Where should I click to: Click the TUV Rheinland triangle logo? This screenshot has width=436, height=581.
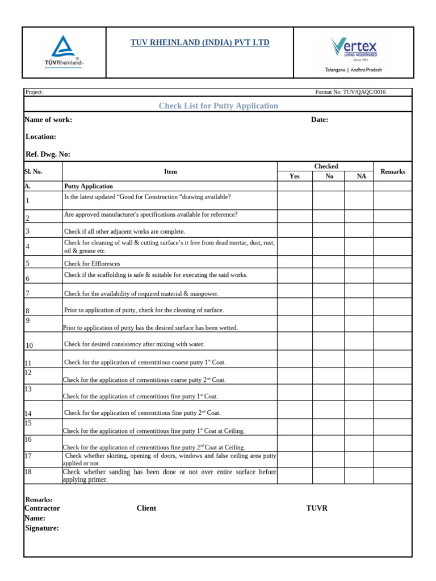[64, 52]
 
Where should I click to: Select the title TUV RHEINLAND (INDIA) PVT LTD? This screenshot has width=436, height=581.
[200, 43]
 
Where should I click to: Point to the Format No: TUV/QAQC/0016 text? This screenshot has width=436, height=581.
[350, 92]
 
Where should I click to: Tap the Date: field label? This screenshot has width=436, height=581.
[319, 120]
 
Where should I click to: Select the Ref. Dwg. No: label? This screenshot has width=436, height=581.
[48, 154]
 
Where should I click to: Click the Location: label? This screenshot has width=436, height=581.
[41, 137]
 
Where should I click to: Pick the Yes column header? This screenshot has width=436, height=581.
[294, 176]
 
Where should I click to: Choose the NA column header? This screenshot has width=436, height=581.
[362, 176]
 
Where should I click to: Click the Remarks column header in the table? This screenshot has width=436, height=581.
[393, 171]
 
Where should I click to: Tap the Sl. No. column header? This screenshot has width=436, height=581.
[33, 171]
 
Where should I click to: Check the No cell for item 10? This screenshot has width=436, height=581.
[329, 342]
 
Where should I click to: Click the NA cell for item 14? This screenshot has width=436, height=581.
[362, 411]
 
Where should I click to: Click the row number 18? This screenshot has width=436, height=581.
[28, 471]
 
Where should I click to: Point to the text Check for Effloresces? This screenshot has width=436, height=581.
[92, 264]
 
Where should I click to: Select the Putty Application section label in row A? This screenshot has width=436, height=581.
[89, 186]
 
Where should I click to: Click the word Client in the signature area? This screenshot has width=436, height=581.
[146, 508]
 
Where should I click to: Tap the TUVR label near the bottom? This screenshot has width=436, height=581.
[317, 508]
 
